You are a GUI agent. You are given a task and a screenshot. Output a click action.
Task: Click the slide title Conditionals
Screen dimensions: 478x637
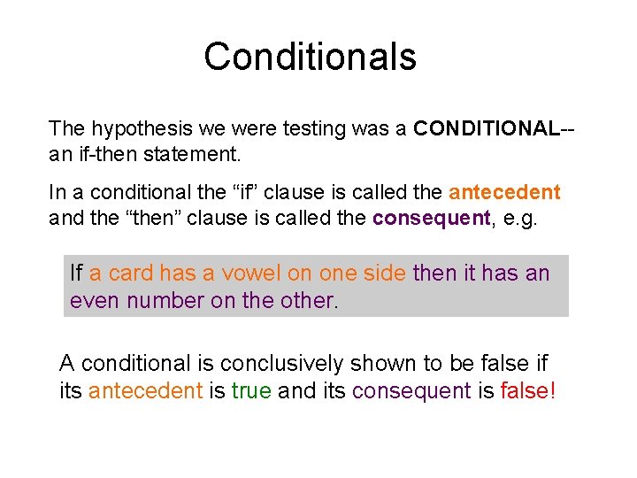[x=310, y=57]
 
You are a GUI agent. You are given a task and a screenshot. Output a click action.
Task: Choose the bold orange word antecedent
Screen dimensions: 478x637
[x=504, y=192]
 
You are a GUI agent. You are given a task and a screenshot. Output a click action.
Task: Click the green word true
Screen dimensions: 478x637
[x=251, y=390]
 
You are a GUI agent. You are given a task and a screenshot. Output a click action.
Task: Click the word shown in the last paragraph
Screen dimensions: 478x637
[x=378, y=364]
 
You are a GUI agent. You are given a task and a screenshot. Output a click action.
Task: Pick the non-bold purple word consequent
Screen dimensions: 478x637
[x=411, y=390]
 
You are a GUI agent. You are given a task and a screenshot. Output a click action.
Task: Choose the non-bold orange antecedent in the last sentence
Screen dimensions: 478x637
[x=145, y=390]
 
